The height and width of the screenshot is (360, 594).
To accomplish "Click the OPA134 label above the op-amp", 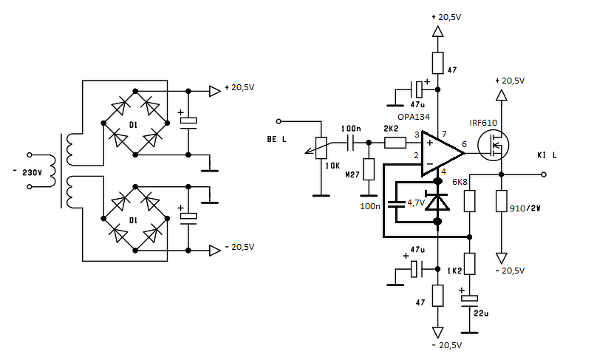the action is pos(414,117).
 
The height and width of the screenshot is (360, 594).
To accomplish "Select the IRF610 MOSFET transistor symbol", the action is pos(493,145).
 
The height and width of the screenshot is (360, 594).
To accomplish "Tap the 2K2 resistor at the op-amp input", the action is pos(395,143).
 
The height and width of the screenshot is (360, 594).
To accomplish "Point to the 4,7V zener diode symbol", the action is pos(437,201).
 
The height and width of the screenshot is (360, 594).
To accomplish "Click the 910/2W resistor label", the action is pos(525,208).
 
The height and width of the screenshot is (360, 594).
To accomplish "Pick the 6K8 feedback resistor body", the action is pos(469,201).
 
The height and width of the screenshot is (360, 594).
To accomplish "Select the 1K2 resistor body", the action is pos(469,264).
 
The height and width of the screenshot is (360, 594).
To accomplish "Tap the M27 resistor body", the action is pos(369,169).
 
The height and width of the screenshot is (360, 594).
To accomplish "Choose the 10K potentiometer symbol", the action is pos(321,148).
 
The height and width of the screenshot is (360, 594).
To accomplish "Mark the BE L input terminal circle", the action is pos(279,121).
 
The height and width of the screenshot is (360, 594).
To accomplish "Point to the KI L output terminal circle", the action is pos(544,174).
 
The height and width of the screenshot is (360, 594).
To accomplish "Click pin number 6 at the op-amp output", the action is pos(465,144).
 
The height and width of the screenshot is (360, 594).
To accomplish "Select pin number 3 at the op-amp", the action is pos(417,135).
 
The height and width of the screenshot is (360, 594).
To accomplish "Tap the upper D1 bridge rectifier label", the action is pos(133,124).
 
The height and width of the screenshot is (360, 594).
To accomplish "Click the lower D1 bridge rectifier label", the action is pos(133,220).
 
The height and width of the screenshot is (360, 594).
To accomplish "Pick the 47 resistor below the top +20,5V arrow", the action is pos(437,63).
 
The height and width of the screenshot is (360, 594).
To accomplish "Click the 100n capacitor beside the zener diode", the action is pos(396,205).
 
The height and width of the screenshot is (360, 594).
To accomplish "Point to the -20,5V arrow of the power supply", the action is pos(215,251).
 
